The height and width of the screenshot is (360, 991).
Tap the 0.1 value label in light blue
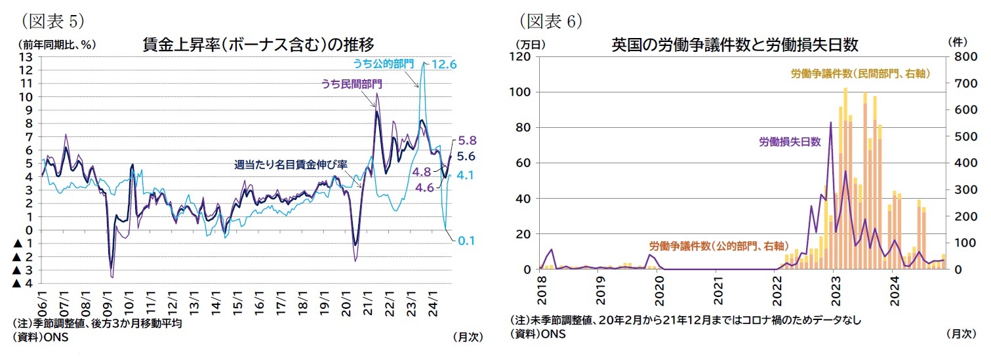[466, 241]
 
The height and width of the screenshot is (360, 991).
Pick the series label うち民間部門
[352, 84]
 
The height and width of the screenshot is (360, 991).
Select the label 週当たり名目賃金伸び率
[291, 165]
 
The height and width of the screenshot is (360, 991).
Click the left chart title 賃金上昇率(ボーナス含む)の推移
[258, 45]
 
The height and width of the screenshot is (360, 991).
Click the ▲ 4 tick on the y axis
[24, 283]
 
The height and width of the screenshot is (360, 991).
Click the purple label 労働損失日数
[790, 141]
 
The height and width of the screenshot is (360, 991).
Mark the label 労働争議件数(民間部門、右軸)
[860, 74]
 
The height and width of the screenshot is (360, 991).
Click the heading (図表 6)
[550, 21]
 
